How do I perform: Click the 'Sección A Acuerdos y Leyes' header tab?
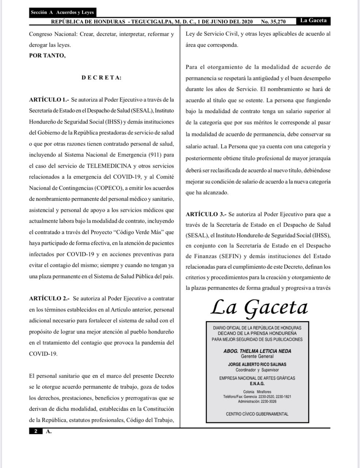tap(62, 12)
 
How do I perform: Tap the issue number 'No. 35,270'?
tap(273, 22)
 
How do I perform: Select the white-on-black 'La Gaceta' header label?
tap(313, 20)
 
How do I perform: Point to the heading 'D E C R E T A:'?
tap(101, 78)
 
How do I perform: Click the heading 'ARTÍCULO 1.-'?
tap(49, 99)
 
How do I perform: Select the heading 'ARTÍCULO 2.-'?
tap(49, 299)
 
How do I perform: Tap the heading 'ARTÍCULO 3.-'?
tap(206, 214)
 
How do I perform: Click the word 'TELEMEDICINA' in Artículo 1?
tap(109, 166)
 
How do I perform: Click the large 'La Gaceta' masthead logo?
tap(259, 307)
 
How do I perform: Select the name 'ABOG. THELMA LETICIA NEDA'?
tap(257, 351)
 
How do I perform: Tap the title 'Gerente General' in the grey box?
tap(257, 356)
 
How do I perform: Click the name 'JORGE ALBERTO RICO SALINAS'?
tap(257, 365)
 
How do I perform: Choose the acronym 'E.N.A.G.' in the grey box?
tap(257, 384)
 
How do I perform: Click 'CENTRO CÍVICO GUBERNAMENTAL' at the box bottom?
tap(257, 414)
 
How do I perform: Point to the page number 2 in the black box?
tap(36, 431)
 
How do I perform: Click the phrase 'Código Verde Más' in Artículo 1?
tap(144, 232)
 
